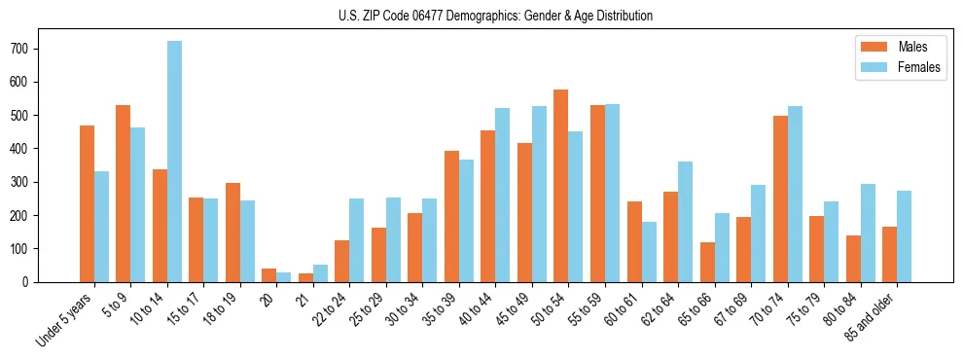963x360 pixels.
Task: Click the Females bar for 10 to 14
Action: click(174, 162)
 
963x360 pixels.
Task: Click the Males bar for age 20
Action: click(269, 275)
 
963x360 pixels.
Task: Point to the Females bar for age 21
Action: click(320, 273)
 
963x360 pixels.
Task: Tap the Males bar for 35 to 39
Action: click(451, 216)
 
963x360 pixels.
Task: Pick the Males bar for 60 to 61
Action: click(634, 241)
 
